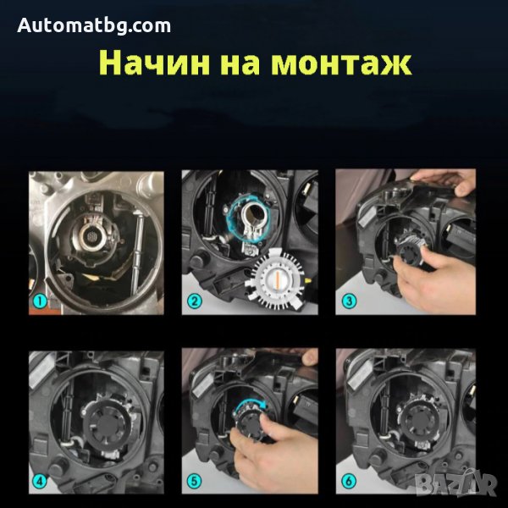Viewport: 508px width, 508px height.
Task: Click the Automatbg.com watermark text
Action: (x=94, y=25)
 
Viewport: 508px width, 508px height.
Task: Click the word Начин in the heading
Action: (x=154, y=63)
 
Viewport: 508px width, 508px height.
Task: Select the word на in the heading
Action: (x=240, y=63)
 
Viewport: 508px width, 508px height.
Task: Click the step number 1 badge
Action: (x=40, y=301)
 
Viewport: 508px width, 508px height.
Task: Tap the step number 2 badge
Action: (x=194, y=301)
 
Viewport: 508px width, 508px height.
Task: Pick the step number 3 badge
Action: (x=349, y=301)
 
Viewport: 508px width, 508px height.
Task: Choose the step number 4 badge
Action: (x=40, y=481)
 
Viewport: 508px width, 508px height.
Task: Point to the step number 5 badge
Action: (x=194, y=481)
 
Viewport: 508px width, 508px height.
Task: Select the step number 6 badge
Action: (x=349, y=481)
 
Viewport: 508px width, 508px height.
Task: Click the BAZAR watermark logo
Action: (x=456, y=484)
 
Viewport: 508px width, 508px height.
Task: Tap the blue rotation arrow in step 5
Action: (x=250, y=404)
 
